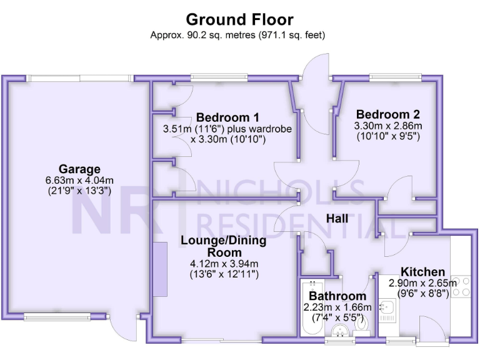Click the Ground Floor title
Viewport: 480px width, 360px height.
(239, 20)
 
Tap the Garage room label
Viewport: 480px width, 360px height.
(79, 169)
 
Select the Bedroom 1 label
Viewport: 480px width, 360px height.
(227, 117)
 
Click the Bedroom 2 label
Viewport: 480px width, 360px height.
(387, 114)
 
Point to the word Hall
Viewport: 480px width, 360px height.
(337, 219)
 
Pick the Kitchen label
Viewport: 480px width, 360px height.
(423, 272)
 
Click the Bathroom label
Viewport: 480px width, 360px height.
(337, 296)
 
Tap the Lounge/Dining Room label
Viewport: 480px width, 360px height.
(224, 246)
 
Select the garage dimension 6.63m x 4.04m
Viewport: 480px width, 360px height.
(79, 181)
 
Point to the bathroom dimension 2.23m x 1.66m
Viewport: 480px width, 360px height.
(337, 307)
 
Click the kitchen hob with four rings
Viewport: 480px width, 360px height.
(461, 286)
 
